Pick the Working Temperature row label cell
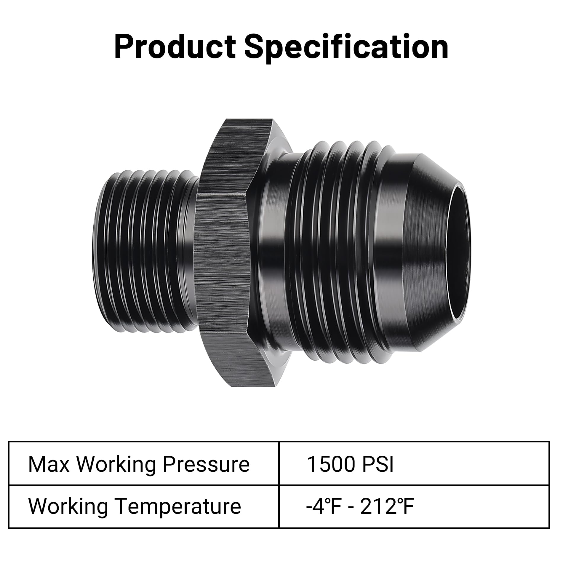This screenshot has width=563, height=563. point(143,506)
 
